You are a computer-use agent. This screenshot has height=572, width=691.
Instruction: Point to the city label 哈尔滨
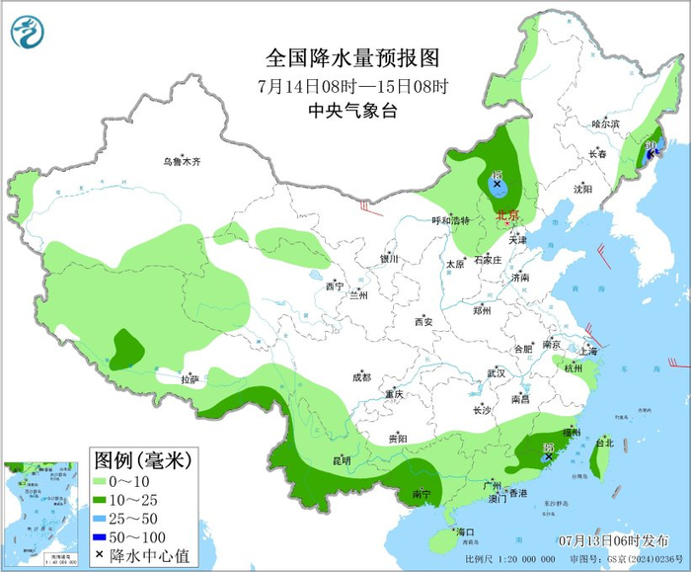[605, 123]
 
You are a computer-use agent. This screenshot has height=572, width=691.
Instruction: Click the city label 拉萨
[190, 378]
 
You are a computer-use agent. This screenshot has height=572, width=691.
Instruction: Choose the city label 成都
[360, 376]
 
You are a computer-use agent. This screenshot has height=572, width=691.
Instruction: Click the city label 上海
[588, 351]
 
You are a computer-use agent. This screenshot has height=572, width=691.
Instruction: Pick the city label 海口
[463, 531]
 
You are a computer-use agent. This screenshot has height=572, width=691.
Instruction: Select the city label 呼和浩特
[456, 220]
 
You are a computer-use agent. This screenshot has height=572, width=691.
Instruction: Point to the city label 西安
[423, 321]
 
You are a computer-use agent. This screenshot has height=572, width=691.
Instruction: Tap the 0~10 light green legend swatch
[101, 481]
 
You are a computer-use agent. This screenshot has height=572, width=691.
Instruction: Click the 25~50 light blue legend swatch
[101, 517]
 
